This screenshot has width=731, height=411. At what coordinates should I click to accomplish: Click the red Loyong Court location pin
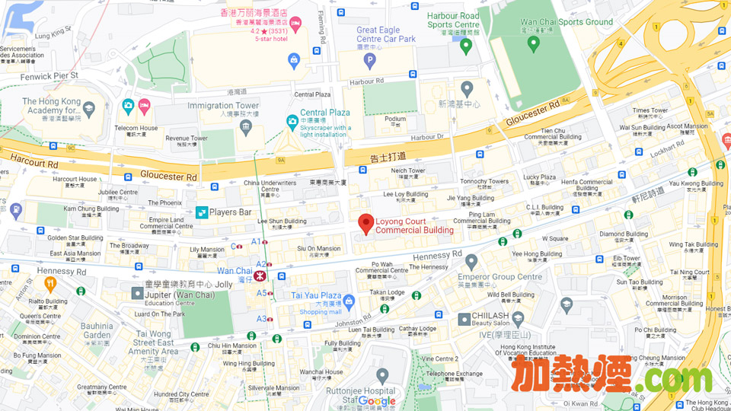point(366,224)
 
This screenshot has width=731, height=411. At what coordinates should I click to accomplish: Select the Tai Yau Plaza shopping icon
point(349,302)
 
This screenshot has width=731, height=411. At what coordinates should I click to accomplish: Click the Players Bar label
point(230,212)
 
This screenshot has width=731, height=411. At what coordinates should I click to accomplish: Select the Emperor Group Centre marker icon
point(471,263)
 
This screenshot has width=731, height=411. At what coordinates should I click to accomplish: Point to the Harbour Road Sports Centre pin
point(466,46)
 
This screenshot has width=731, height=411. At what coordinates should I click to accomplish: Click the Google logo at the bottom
point(377,401)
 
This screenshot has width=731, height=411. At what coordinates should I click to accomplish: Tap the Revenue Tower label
point(187,139)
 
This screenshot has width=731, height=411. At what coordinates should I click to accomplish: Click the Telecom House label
point(136,129)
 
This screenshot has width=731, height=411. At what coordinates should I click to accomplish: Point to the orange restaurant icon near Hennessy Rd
point(50,285)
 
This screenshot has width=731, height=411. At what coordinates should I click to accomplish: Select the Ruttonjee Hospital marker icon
point(382,375)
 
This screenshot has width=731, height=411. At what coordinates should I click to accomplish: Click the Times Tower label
point(650,110)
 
